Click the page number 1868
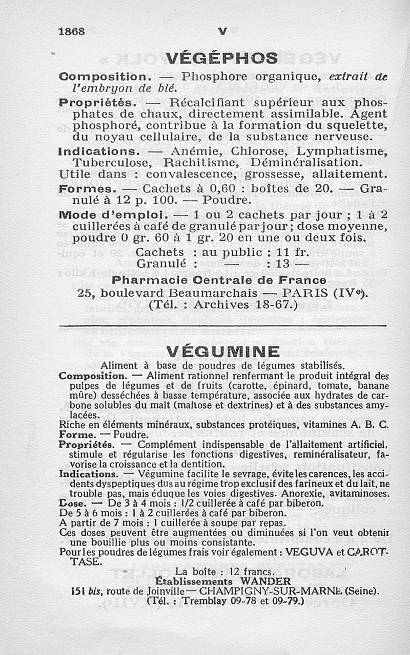click(x=71, y=31)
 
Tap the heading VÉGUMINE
click(x=223, y=352)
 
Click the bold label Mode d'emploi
click(x=111, y=213)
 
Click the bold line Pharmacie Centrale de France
click(x=219, y=280)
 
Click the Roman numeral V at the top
click(x=222, y=31)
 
